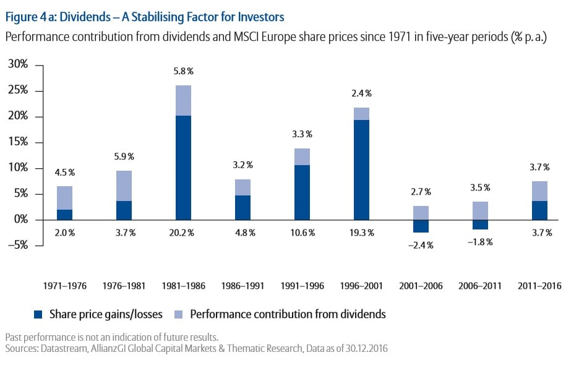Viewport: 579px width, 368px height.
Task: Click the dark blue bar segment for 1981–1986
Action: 183,168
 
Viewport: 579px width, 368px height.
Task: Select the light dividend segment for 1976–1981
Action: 124,186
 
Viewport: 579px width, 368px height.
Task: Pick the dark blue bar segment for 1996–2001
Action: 361,170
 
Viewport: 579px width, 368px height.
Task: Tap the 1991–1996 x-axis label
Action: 302,286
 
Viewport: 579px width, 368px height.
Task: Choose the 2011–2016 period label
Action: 539,286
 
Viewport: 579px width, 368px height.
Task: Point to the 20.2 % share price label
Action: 183,233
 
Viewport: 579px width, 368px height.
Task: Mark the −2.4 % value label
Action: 421,245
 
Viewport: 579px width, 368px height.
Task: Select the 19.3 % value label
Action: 361,233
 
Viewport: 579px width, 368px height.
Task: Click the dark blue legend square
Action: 37,314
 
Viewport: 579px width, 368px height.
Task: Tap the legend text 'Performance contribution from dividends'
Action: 288,314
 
